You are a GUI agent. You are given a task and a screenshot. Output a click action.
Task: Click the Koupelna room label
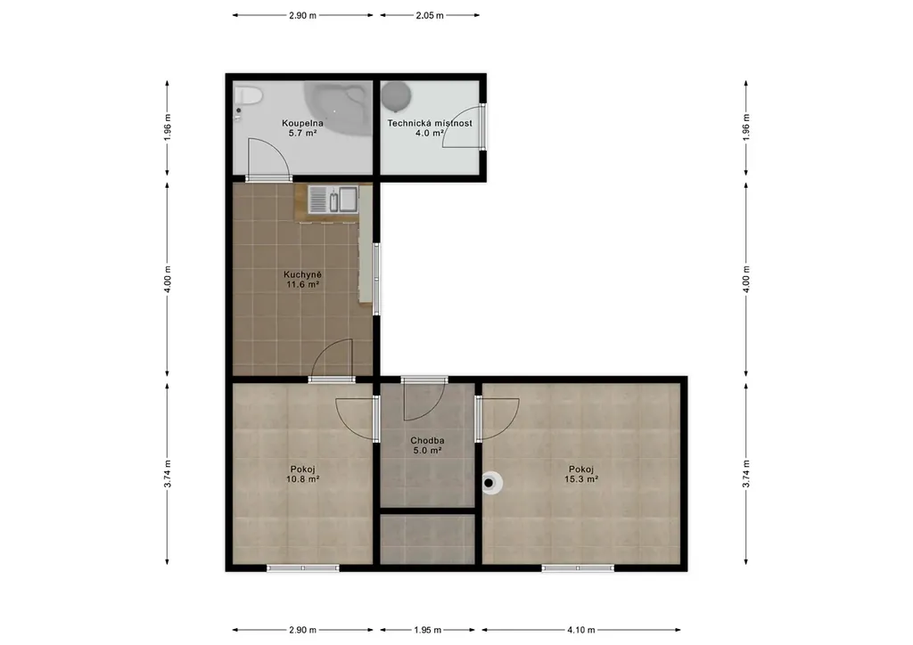point(302,123)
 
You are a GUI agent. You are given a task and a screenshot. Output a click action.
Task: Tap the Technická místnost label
point(430,123)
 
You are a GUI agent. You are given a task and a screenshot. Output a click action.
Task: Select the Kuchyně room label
point(302,274)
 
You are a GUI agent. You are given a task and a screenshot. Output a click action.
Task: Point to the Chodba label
point(427,440)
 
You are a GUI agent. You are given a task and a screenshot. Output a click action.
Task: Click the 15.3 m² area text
point(581,479)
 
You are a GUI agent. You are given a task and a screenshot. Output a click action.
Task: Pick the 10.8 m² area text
point(302,479)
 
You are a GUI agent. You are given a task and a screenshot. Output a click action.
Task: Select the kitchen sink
point(333,200)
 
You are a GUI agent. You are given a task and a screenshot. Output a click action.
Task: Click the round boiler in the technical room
point(397,96)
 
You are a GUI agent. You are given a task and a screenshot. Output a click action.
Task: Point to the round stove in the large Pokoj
point(491,483)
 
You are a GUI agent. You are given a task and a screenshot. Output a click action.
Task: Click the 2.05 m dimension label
point(430,16)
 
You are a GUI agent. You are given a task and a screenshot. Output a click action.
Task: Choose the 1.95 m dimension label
point(427,630)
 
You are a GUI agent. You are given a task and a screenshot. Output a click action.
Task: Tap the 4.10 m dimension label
point(581,630)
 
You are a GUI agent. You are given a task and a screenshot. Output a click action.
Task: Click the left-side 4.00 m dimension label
point(168,280)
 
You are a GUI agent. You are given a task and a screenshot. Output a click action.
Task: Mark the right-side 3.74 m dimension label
point(746,474)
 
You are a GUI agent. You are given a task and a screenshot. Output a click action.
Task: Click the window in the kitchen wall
point(377,279)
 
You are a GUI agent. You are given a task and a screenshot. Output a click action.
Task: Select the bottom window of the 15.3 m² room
point(578,567)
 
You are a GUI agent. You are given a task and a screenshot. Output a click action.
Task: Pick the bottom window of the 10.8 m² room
point(303,567)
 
